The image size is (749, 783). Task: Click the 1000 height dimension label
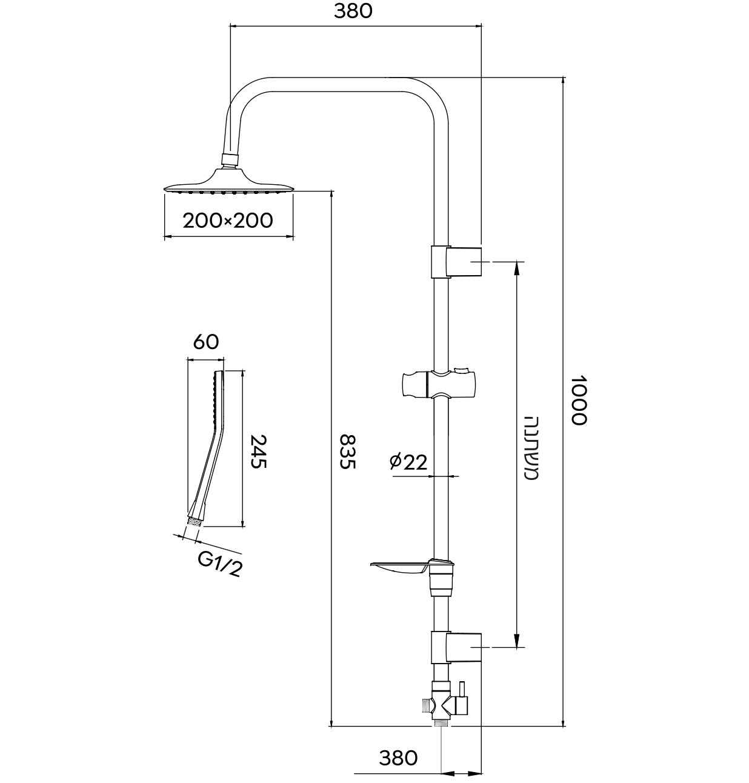579,400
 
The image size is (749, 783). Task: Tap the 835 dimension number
347,451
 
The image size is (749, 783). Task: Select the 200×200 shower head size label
228,220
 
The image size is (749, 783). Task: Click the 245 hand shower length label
259,450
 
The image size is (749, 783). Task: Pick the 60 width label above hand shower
205,342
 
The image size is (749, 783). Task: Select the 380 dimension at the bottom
398,758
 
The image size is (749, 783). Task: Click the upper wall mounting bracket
457,262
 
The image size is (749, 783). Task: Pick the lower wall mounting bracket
457,647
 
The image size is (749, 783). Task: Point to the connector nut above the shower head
230,159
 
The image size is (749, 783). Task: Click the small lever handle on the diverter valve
462,690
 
